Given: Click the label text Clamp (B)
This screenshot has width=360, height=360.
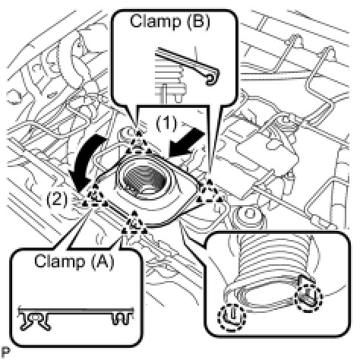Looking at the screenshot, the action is (x=170, y=22).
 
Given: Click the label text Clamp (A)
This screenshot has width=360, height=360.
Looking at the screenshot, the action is (x=74, y=261).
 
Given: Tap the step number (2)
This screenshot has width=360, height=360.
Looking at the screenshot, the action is (x=57, y=199).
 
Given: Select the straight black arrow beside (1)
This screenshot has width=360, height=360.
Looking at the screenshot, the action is (x=188, y=144).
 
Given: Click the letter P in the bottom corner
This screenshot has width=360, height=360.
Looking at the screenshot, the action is (x=5, y=352).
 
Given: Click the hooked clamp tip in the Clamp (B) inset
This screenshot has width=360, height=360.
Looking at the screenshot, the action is (x=213, y=77).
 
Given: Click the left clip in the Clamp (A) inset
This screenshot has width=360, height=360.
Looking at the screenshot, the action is (x=35, y=321).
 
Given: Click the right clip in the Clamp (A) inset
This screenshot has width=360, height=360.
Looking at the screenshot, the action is (x=122, y=318).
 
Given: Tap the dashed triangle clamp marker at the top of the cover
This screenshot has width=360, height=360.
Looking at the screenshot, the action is (x=138, y=145).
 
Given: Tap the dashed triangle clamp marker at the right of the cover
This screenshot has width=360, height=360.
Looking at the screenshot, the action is (x=210, y=192).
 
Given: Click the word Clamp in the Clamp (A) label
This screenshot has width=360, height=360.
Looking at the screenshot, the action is (x=59, y=261).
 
